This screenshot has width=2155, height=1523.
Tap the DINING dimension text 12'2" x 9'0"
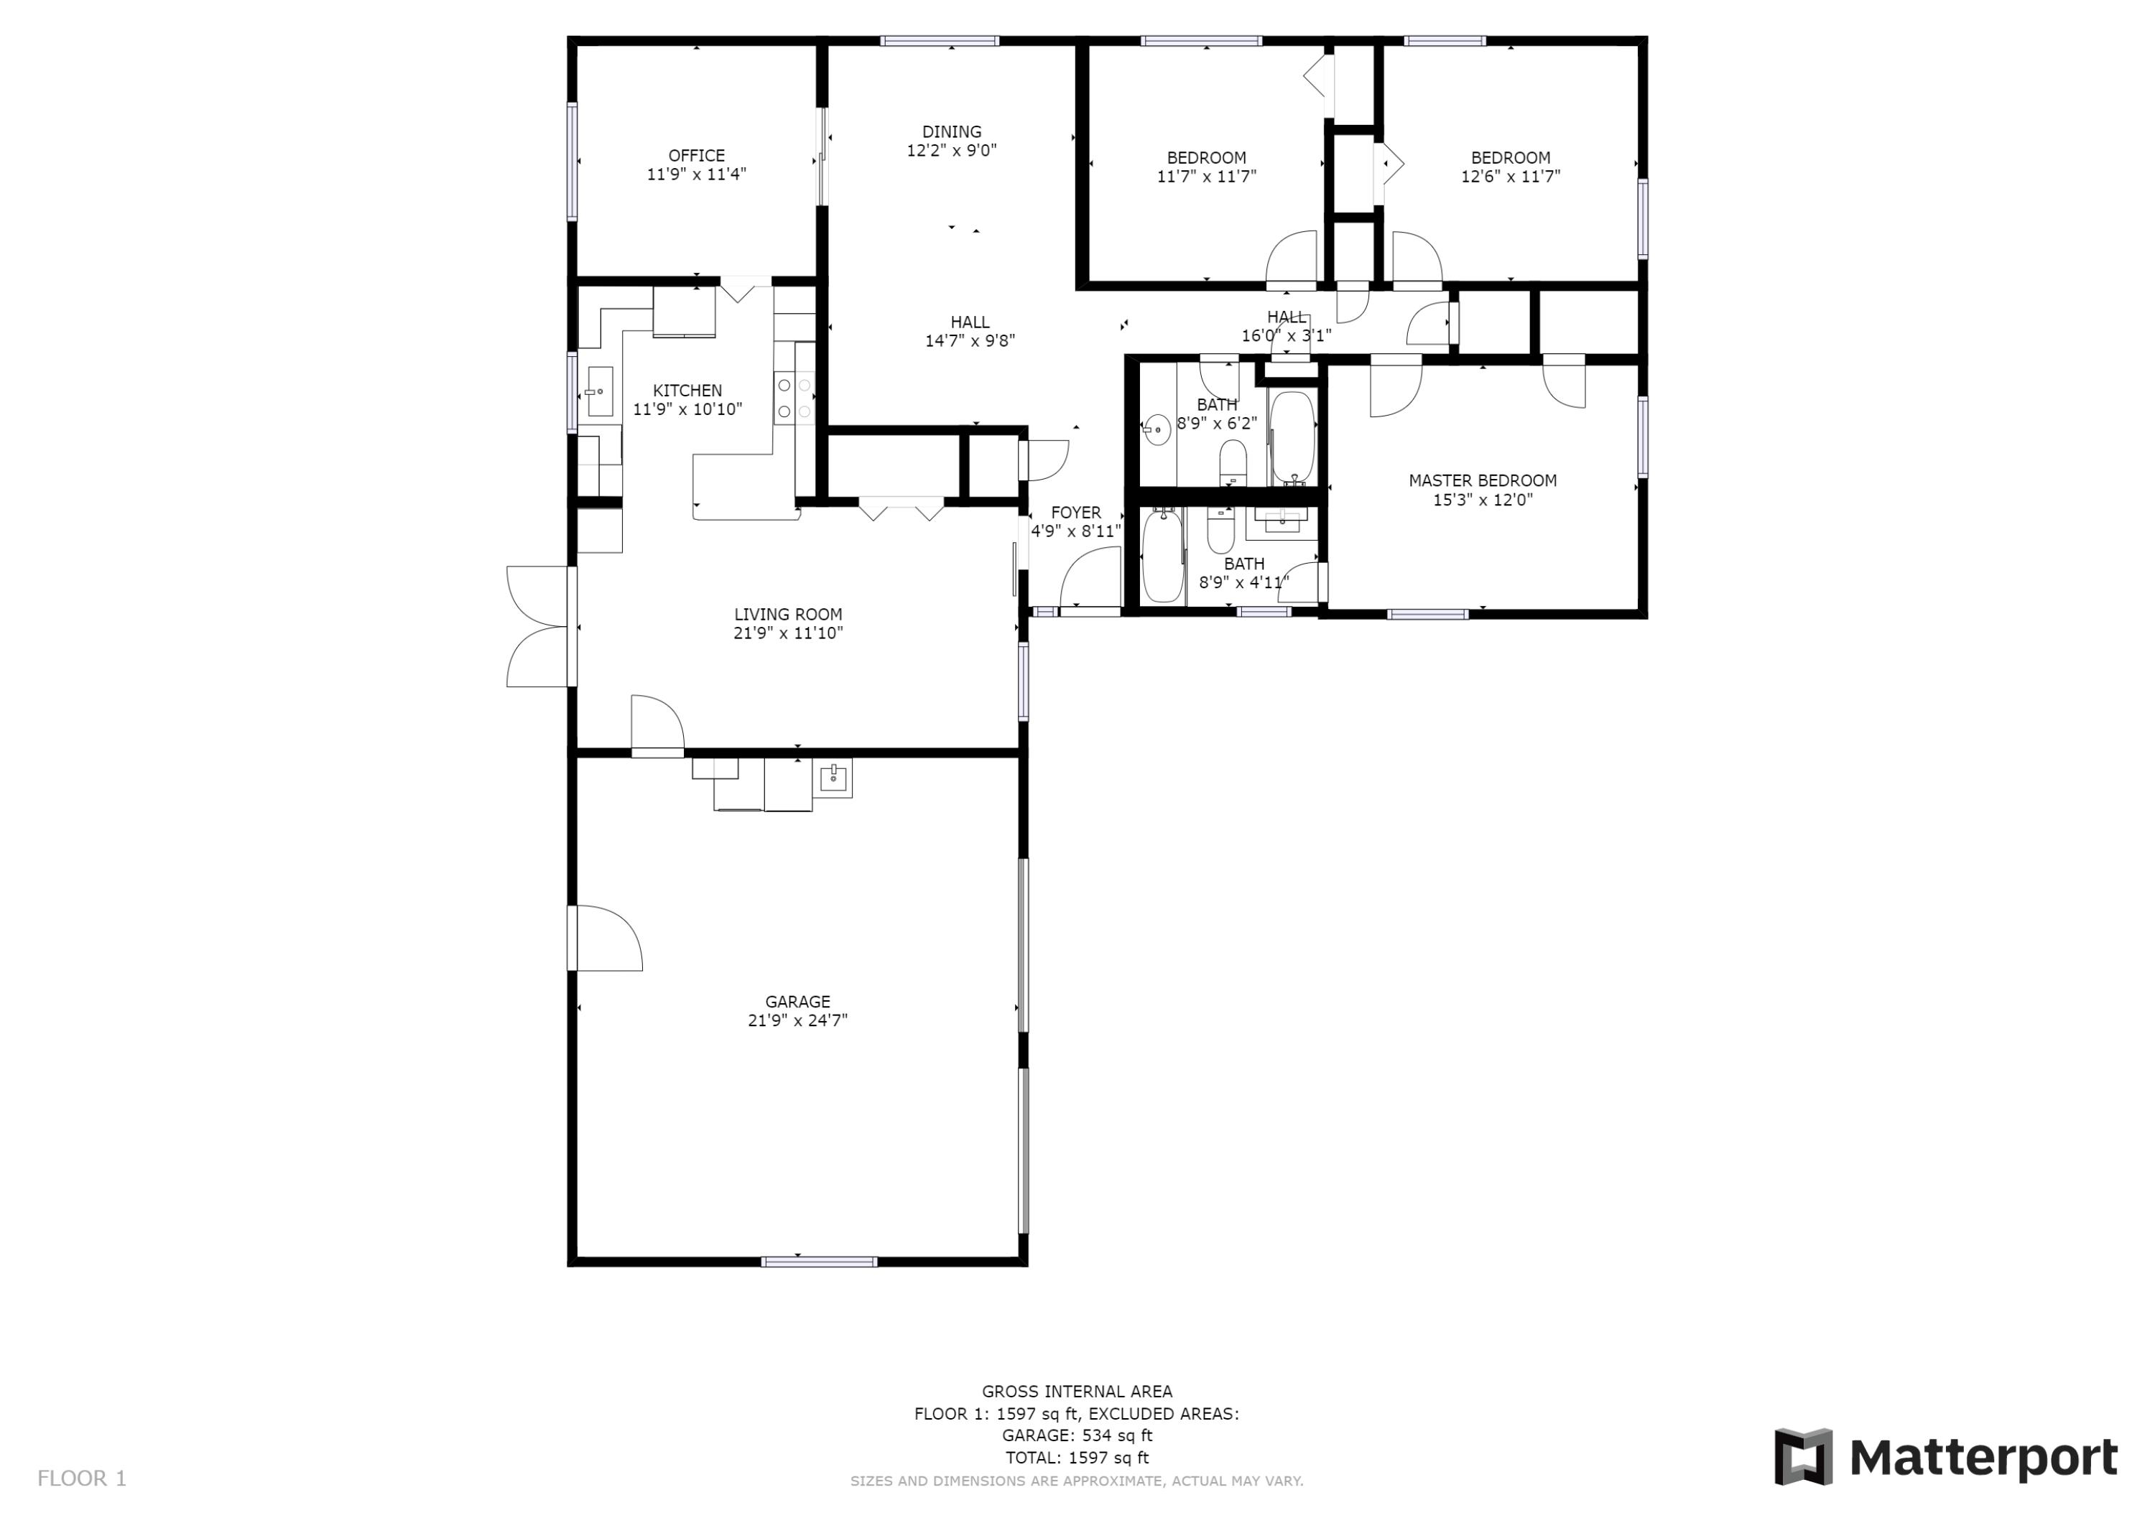click(951, 150)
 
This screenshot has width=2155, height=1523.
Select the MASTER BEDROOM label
click(1482, 480)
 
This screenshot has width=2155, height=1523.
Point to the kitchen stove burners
click(793, 398)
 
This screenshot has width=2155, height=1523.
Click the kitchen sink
click(600, 391)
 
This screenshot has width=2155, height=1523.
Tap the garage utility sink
click(833, 778)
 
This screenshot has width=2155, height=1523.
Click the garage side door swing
click(606, 938)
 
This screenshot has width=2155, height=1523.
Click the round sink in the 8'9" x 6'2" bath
click(1157, 430)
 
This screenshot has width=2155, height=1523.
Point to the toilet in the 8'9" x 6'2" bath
click(1233, 462)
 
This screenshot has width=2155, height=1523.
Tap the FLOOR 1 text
click(82, 1478)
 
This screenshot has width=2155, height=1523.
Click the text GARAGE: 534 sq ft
click(1077, 1435)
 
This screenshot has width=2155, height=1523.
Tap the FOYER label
click(1075, 513)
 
